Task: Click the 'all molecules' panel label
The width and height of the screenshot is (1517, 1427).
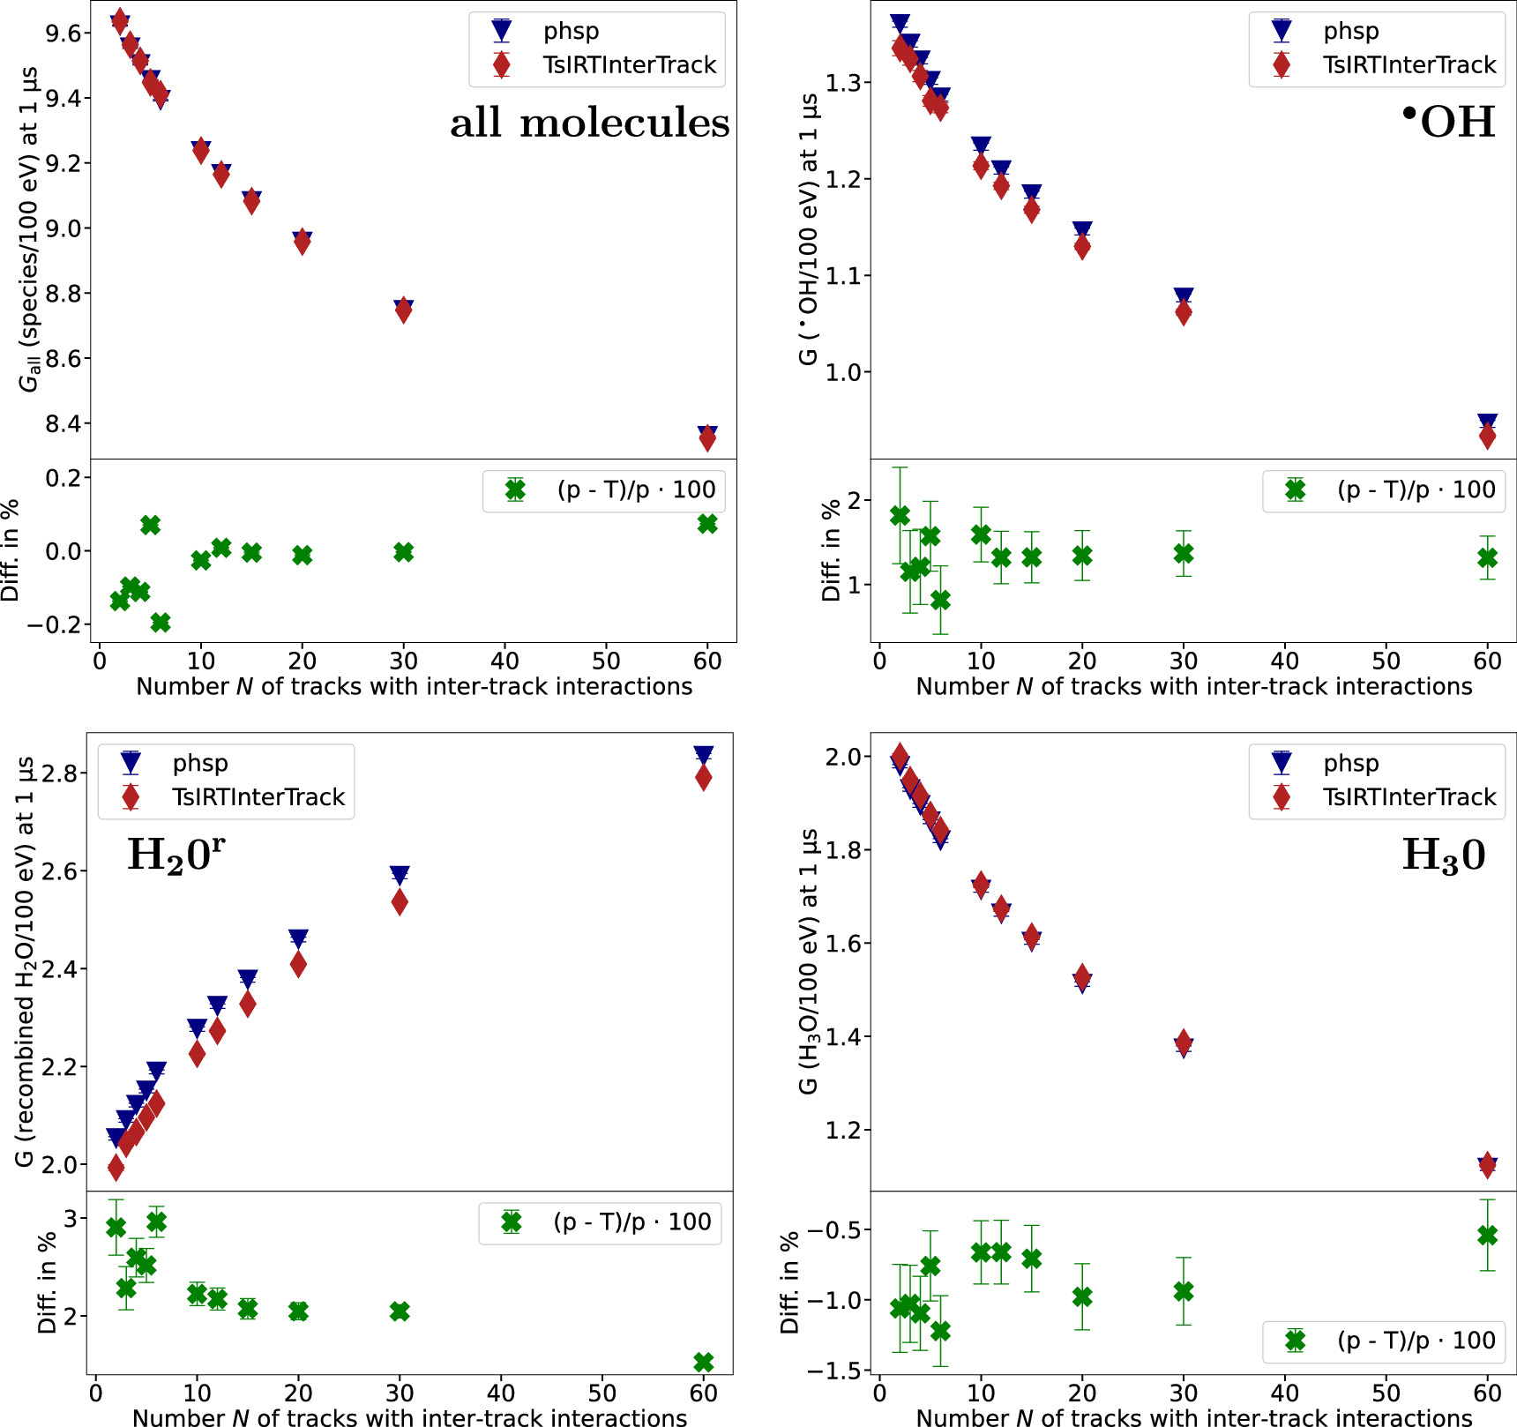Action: coord(589,123)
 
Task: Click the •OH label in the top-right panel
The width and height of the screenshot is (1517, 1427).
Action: coord(1448,122)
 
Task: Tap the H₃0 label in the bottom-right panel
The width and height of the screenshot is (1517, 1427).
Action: coord(1443,855)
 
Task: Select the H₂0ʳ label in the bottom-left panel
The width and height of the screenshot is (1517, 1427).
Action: coord(176,854)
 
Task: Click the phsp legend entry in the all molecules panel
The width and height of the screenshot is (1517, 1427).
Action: coord(570,31)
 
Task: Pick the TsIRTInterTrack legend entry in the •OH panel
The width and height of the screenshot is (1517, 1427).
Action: coord(1409,65)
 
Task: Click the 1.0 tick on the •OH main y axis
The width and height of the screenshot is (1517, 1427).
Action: coord(842,372)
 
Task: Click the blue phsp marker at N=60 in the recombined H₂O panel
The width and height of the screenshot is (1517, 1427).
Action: coord(703,755)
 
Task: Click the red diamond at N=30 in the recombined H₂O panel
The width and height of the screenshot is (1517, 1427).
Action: coord(400,902)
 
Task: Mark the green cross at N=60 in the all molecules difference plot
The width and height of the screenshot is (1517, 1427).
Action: coord(707,524)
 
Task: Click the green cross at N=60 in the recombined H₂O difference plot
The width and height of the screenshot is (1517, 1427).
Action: coord(703,1362)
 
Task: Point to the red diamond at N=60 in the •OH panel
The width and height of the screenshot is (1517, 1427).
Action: coord(1487,436)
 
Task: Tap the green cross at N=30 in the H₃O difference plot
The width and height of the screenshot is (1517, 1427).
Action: coord(1184,1291)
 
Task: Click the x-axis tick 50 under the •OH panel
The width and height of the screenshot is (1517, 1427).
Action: coord(1386,661)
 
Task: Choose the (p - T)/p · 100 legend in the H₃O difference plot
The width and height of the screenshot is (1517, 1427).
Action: coord(1415,1341)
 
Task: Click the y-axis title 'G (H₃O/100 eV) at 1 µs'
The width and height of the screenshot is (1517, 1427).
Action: coord(808,961)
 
